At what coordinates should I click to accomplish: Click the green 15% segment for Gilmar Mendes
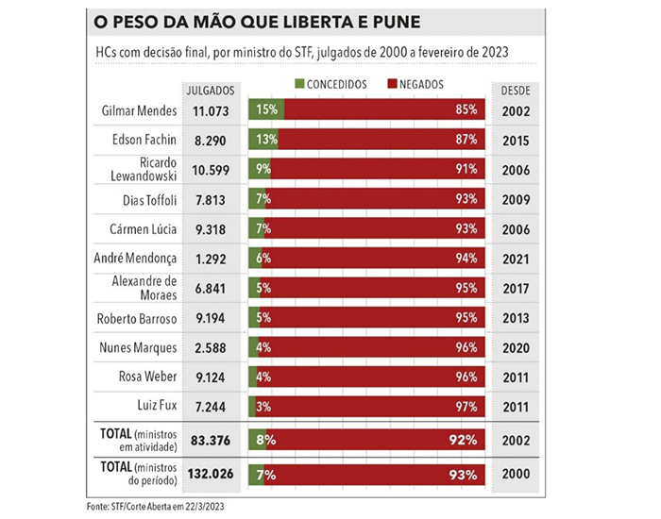click(266, 109)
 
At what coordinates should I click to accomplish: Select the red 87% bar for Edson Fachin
click(381, 139)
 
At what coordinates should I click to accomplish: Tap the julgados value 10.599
click(211, 170)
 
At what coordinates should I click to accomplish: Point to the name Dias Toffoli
click(149, 200)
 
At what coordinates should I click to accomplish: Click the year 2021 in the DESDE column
click(516, 259)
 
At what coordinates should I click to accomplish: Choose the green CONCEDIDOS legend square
click(299, 83)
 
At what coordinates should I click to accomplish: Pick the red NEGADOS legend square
click(392, 83)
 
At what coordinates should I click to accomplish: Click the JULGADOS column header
click(211, 91)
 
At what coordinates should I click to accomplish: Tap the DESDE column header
click(516, 91)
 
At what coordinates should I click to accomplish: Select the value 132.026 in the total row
click(211, 474)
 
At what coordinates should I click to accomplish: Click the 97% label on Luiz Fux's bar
click(466, 407)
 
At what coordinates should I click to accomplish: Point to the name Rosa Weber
click(147, 377)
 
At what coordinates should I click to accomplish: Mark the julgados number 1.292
click(211, 259)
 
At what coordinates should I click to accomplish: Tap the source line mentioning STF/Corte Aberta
click(155, 507)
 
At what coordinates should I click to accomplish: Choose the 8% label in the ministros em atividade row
click(266, 440)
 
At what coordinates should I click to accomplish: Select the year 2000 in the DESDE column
click(516, 474)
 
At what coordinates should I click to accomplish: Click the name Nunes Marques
click(138, 347)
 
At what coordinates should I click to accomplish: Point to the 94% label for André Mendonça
click(466, 258)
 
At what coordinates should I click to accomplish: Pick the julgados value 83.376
click(211, 441)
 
